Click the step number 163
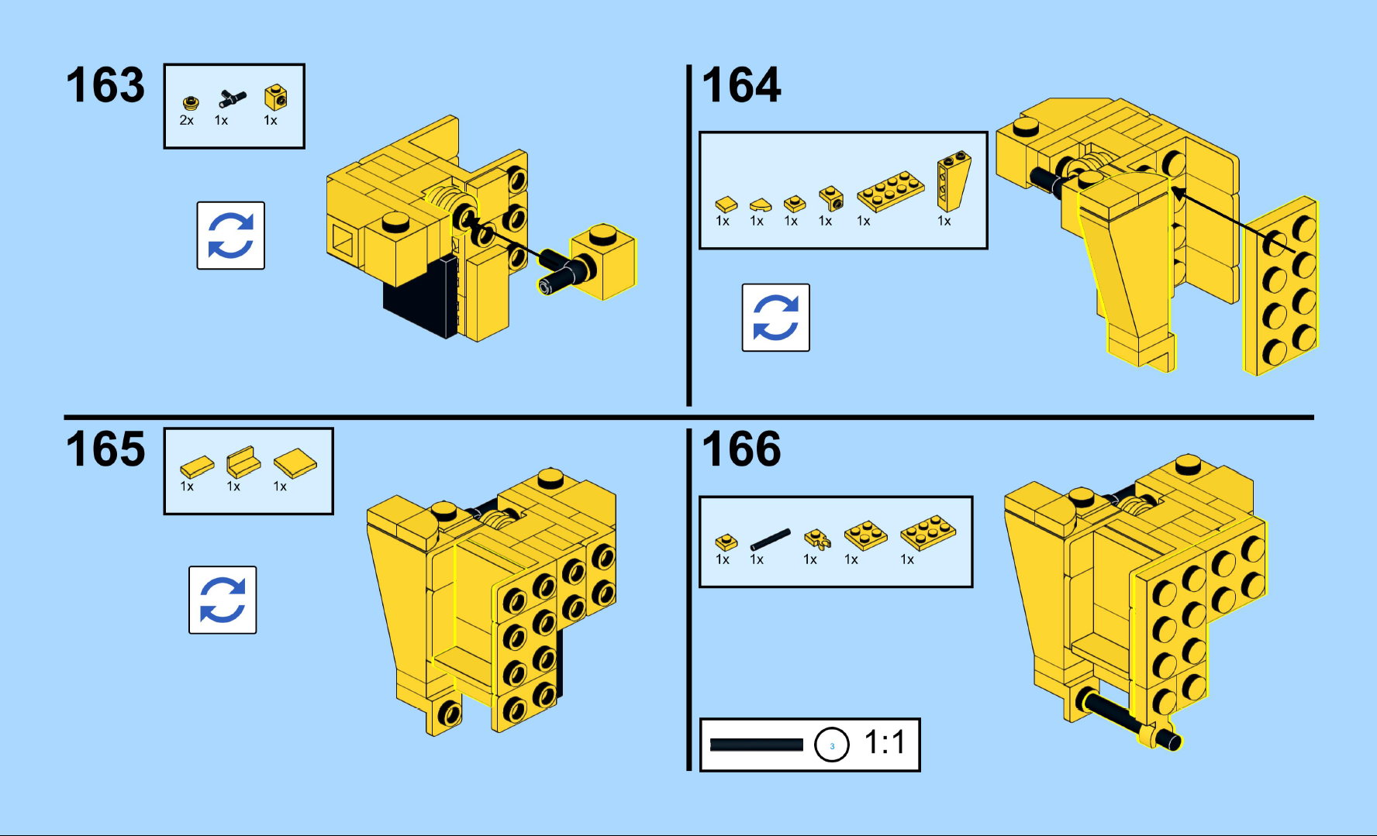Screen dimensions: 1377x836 coord(105,84)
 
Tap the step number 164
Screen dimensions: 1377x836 coord(741,84)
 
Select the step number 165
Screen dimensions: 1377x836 coord(105,449)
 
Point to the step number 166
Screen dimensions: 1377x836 coord(741,449)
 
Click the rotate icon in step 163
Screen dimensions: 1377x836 coord(231,236)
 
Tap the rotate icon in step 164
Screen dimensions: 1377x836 coord(776,318)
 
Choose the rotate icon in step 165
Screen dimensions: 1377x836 coord(223,600)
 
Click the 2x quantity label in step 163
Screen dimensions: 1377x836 coord(187,120)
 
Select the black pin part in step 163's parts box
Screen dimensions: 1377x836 coord(232,98)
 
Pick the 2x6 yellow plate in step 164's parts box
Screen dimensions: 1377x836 coord(891,191)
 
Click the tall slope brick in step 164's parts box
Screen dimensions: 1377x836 coord(953,181)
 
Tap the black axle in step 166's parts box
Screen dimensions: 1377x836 coord(770,539)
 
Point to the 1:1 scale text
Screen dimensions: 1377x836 coord(885,742)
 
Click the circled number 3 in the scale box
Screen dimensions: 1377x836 coord(832,745)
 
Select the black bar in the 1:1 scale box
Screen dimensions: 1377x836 coord(757,745)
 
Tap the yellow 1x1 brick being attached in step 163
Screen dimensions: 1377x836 coord(603,262)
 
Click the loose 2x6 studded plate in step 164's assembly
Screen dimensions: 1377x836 coord(1281,286)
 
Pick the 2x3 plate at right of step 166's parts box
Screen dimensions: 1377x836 coord(928,532)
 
